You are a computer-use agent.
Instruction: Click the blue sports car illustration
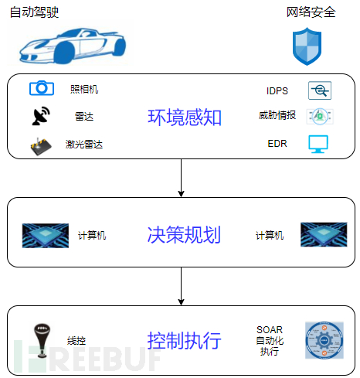[x=73, y=46]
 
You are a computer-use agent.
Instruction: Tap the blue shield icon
[x=307, y=46]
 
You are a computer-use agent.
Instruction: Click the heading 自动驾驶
[x=34, y=12]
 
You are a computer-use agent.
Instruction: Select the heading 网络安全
[x=311, y=12]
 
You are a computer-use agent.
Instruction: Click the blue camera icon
[x=42, y=88]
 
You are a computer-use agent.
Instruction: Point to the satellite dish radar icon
[x=41, y=116]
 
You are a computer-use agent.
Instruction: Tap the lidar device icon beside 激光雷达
[x=41, y=146]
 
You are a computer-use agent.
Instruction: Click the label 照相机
[x=84, y=90]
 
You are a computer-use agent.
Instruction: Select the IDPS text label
[x=277, y=91]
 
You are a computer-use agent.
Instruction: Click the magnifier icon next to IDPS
[x=320, y=90]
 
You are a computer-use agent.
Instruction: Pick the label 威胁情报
[x=277, y=115]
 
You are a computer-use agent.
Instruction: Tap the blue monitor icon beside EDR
[x=318, y=144]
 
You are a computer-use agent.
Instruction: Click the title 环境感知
[x=185, y=117]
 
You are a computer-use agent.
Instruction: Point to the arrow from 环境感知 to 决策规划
[x=181, y=178]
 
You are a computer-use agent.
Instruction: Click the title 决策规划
[x=184, y=235]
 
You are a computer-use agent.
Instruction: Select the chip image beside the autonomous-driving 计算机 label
[x=46, y=236]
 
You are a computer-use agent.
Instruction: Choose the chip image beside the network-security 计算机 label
[x=324, y=234]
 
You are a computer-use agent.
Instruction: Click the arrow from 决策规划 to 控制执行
[x=181, y=286]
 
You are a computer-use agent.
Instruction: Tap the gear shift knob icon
[x=42, y=341]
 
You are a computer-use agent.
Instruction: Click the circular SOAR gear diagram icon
[x=324, y=340]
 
